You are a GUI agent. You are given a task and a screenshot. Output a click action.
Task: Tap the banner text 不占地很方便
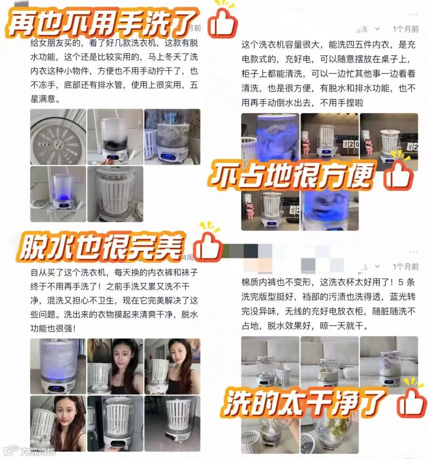click(291, 175)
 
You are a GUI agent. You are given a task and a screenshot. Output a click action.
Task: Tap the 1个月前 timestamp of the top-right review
click(405, 29)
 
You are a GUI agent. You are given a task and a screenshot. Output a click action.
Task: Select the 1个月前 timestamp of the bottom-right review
click(405, 267)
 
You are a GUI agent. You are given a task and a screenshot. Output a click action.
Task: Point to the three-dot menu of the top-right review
click(413, 14)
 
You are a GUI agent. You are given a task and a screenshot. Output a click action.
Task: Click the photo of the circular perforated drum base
click(58, 137)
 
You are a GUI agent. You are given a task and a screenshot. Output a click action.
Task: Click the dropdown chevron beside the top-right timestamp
click(377, 29)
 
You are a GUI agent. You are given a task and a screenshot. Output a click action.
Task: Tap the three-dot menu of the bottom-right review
click(413, 252)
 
